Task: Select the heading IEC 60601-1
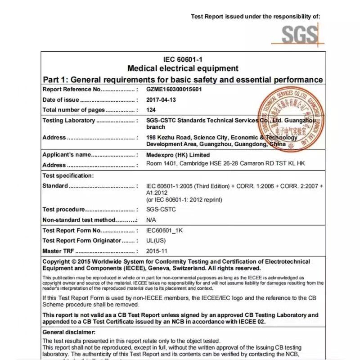click(183, 59)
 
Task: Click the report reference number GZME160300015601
click(174, 89)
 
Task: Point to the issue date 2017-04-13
click(162, 99)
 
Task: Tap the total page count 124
click(151, 110)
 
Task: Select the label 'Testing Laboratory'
click(68, 121)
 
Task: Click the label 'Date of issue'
click(61, 100)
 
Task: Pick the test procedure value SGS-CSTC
click(161, 209)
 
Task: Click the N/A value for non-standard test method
click(152, 220)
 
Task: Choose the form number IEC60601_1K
click(165, 230)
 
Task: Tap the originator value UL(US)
click(156, 241)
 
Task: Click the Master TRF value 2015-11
click(157, 251)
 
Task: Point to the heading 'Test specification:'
click(68, 175)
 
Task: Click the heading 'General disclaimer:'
click(69, 332)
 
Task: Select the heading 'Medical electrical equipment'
click(183, 68)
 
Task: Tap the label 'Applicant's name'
click(67, 155)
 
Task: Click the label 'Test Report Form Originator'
click(81, 241)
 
